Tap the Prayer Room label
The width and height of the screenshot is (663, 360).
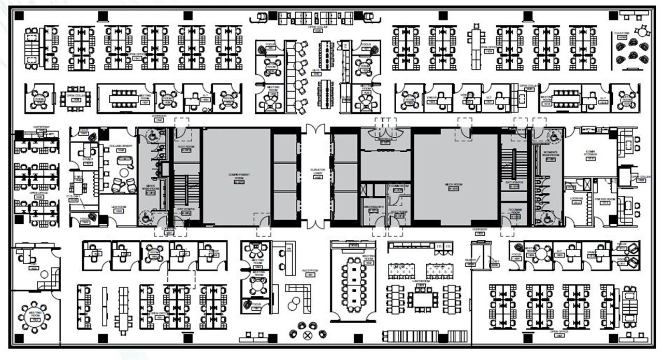(x=604, y=200)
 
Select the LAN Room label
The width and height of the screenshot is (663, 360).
(x=119, y=209)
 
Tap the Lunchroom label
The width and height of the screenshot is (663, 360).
(x=422, y=283)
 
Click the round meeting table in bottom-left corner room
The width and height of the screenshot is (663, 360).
(x=35, y=316)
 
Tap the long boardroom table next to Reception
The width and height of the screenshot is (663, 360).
(x=354, y=284)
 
